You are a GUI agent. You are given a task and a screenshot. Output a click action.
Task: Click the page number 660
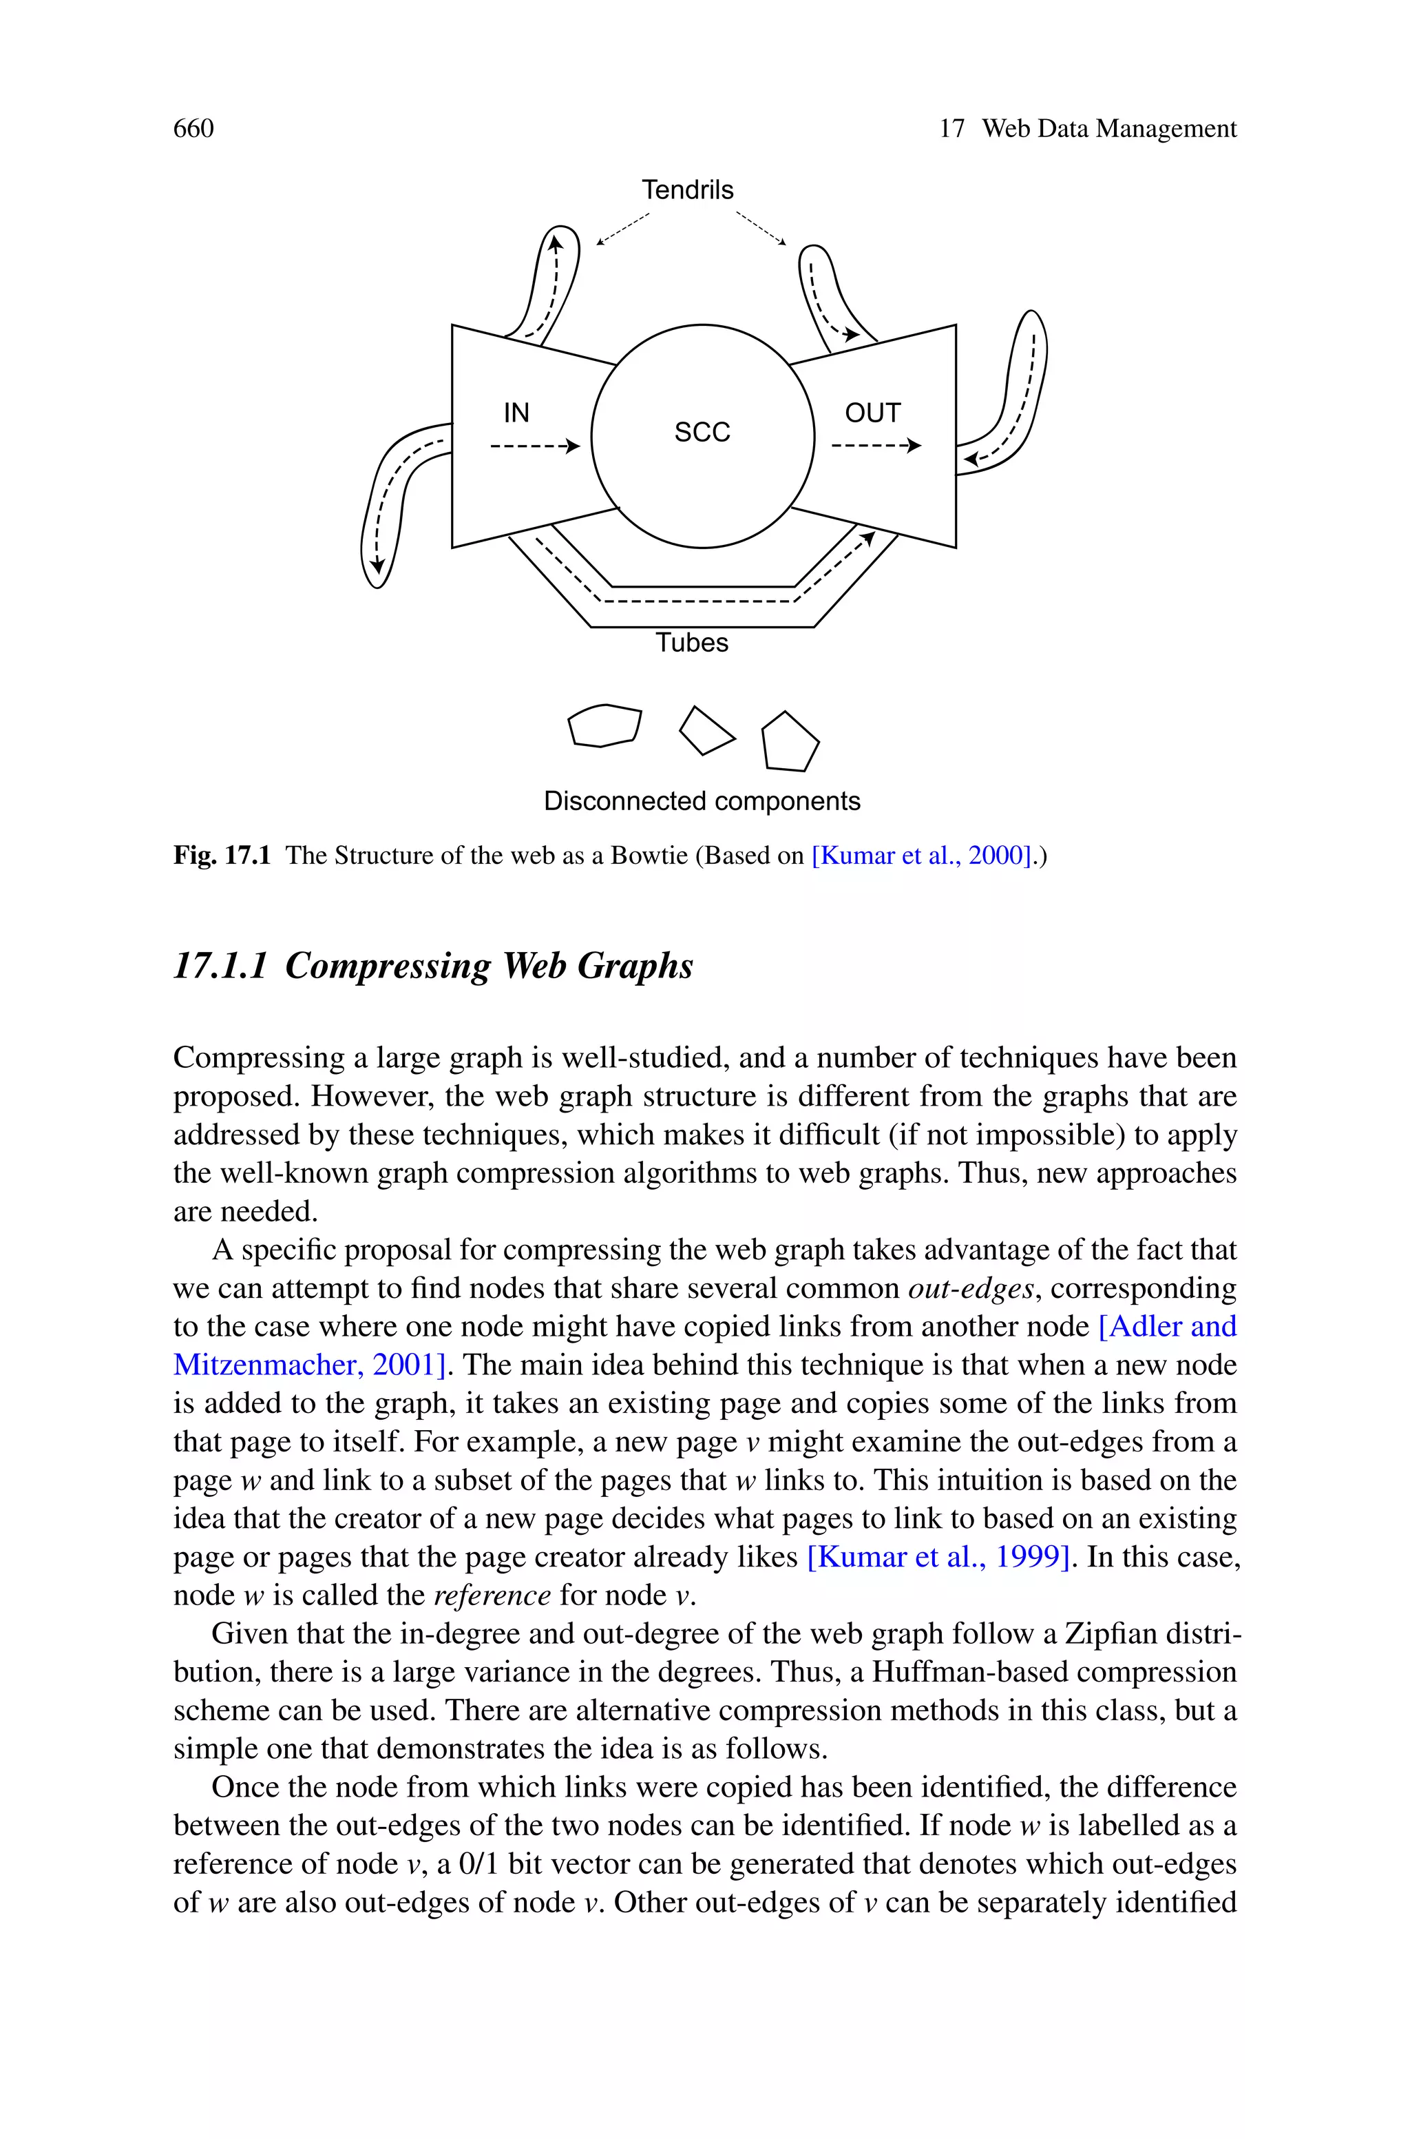193,129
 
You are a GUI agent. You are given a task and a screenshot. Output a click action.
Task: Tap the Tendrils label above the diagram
687,190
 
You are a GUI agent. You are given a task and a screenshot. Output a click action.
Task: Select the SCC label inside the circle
702,433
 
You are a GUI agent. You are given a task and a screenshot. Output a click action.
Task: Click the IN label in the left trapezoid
516,413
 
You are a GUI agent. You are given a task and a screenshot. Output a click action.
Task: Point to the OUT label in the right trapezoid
872,413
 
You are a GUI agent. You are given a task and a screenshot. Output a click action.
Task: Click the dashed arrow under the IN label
534,445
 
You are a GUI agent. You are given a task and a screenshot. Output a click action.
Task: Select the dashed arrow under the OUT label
876,445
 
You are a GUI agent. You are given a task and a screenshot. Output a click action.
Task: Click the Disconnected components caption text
702,801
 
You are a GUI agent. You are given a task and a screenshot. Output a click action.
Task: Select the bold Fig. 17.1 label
221,856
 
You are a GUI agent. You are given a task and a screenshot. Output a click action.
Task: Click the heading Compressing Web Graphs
488,966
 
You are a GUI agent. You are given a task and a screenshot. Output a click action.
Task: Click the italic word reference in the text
492,1595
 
